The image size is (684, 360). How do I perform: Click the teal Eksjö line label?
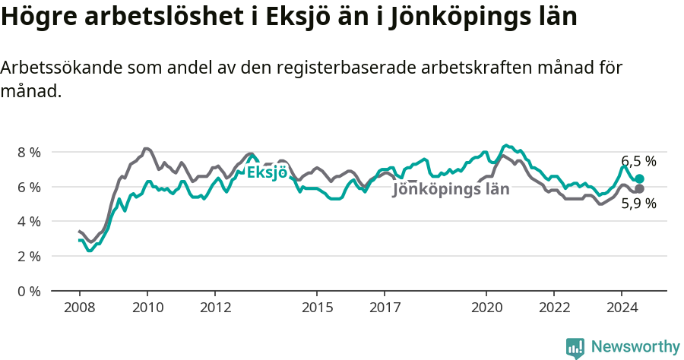[266, 172]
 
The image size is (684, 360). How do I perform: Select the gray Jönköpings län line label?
[451, 190]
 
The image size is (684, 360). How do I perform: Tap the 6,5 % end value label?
[638, 161]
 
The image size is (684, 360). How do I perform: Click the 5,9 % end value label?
[638, 204]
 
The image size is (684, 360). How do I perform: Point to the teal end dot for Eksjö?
[639, 178]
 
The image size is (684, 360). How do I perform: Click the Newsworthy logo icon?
[575, 348]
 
